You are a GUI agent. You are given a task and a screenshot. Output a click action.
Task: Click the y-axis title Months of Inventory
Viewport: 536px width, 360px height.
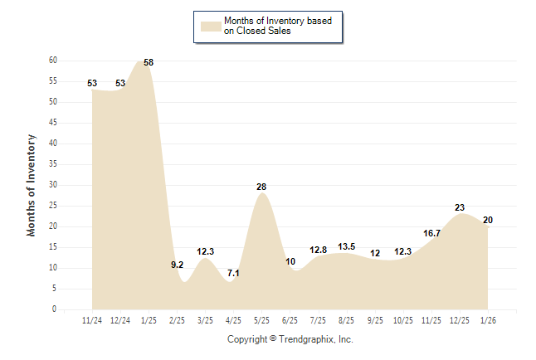32,185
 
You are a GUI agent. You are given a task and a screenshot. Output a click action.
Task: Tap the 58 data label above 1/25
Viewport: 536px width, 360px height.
149,63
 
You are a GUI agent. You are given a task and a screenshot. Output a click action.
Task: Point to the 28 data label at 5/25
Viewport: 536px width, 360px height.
261,187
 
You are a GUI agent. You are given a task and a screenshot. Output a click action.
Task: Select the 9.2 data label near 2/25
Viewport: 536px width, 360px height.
178,265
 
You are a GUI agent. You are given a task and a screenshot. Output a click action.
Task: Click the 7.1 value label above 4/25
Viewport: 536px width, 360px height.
233,273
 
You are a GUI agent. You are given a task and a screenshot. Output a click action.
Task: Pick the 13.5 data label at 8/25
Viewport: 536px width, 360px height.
346,246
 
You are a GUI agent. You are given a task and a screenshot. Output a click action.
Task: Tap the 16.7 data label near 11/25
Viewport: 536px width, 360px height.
431,234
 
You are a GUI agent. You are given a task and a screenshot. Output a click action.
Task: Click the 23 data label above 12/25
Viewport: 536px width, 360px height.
460,208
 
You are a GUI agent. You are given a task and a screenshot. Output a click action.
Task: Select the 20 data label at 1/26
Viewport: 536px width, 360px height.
488,220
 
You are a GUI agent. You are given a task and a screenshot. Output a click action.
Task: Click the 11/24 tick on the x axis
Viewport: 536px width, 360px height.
92,319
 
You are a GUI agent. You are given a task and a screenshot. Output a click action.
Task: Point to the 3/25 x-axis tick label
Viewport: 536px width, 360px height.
205,319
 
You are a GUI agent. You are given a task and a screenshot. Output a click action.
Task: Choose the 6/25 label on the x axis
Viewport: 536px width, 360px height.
290,319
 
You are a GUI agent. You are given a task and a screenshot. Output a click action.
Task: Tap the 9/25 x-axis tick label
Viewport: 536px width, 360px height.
375,319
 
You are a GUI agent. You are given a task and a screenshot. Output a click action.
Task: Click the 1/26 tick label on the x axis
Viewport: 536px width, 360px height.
488,319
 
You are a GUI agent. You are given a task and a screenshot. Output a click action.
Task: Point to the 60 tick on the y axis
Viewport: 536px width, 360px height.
53,61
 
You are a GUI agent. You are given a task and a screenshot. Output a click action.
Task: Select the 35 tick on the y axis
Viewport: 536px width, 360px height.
53,164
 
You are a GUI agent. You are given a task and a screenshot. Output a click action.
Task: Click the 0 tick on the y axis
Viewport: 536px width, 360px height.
55,309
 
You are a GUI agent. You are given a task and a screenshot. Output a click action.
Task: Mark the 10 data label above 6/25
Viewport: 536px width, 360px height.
290,262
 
